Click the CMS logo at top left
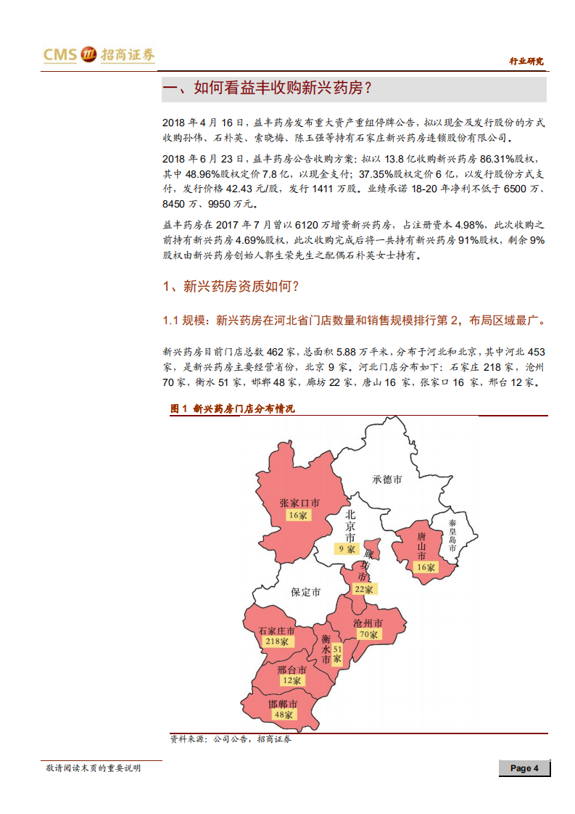pyautogui.click(x=99, y=55)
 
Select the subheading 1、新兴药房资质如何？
pyautogui.click(x=231, y=287)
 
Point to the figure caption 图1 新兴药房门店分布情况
pyautogui.click(x=233, y=409)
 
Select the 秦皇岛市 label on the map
pyautogui.click(x=452, y=535)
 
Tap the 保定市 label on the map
pyautogui.click(x=305, y=592)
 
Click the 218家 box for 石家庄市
pyautogui.click(x=276, y=642)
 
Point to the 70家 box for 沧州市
pyautogui.click(x=368, y=634)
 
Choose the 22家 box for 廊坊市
pyautogui.click(x=362, y=589)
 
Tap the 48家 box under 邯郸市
pyautogui.click(x=283, y=714)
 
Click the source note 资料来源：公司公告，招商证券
pyautogui.click(x=231, y=739)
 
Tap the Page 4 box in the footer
pyautogui.click(x=524, y=768)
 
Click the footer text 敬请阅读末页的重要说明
pyautogui.click(x=93, y=768)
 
